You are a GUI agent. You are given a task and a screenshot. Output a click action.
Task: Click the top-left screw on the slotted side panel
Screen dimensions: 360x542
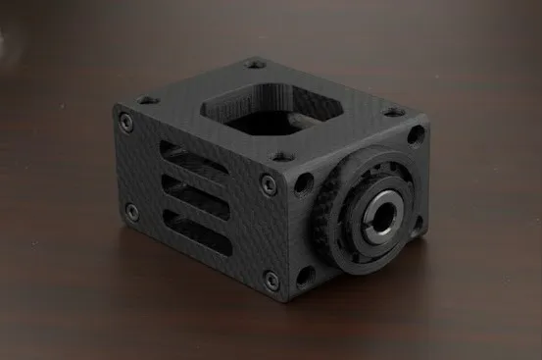pos(125,122)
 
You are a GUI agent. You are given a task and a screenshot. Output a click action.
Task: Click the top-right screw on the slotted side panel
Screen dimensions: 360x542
pos(269,184)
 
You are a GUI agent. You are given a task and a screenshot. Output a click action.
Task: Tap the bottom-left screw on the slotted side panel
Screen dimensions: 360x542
pos(131,211)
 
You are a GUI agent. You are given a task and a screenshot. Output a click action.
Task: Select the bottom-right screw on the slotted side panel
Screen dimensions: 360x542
pos(271,280)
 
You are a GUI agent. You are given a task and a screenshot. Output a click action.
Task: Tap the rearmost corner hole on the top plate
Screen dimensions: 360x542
pos(256,65)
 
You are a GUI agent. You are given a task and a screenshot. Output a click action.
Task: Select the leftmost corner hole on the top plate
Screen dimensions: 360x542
pos(148,99)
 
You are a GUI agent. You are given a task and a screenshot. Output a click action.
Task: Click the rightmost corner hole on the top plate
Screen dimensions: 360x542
pos(394,112)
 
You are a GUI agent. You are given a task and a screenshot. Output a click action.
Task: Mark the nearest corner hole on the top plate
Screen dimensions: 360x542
pos(282,155)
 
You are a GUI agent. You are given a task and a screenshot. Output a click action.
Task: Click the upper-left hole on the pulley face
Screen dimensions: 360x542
pos(305,182)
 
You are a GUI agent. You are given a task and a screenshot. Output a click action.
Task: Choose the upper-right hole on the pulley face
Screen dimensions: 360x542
pos(416,135)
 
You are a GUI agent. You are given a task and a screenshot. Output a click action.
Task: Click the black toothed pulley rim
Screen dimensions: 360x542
pos(337,235)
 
